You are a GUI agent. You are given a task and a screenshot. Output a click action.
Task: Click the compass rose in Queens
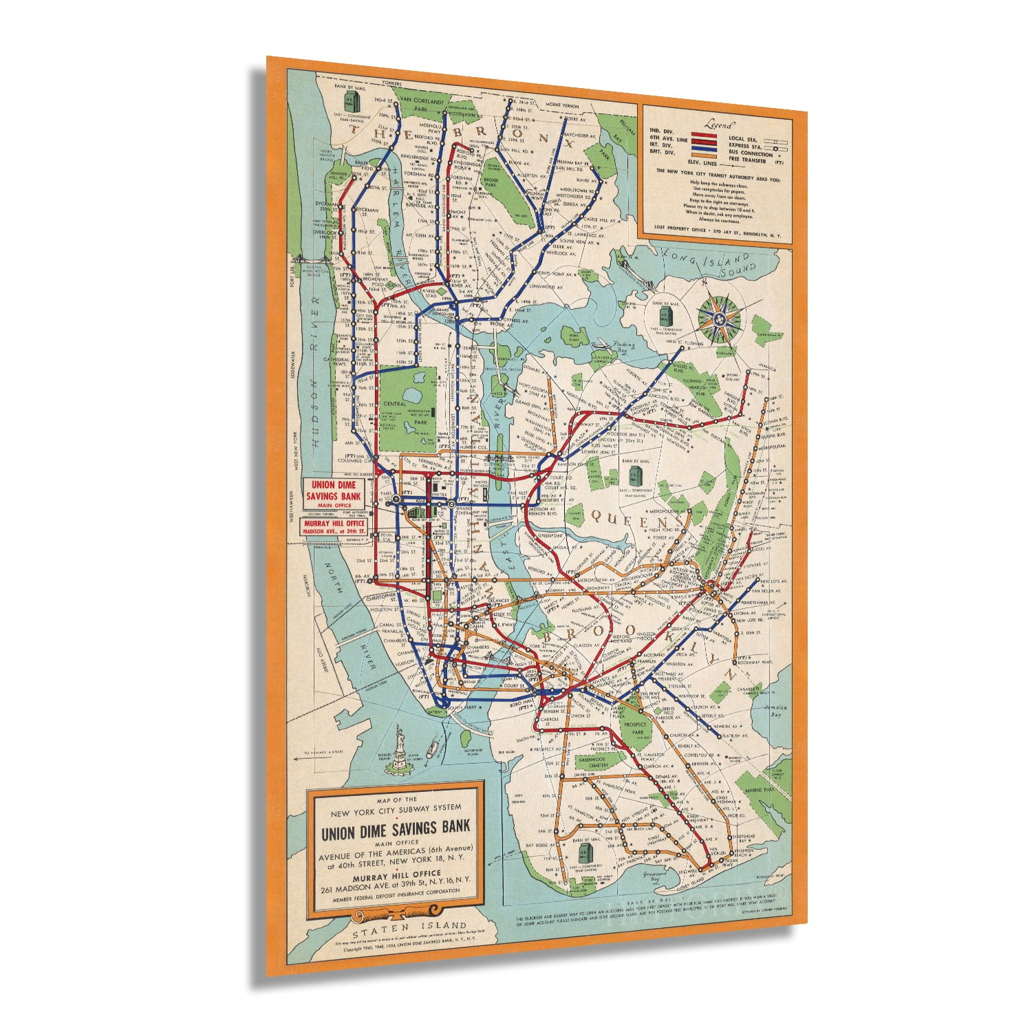[x=720, y=319]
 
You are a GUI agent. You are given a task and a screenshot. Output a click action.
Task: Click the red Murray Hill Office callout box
[x=333, y=526]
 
